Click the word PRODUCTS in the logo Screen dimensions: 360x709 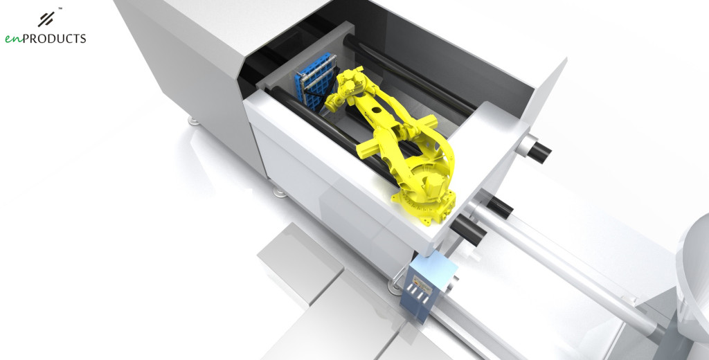tap(55, 39)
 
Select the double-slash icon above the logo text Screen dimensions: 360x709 tap(47, 18)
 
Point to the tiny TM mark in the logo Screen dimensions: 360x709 tap(61, 8)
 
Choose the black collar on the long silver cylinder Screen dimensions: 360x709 tap(499, 206)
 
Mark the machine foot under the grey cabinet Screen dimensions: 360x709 tap(192, 121)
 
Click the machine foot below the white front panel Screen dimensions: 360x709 tap(279, 192)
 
